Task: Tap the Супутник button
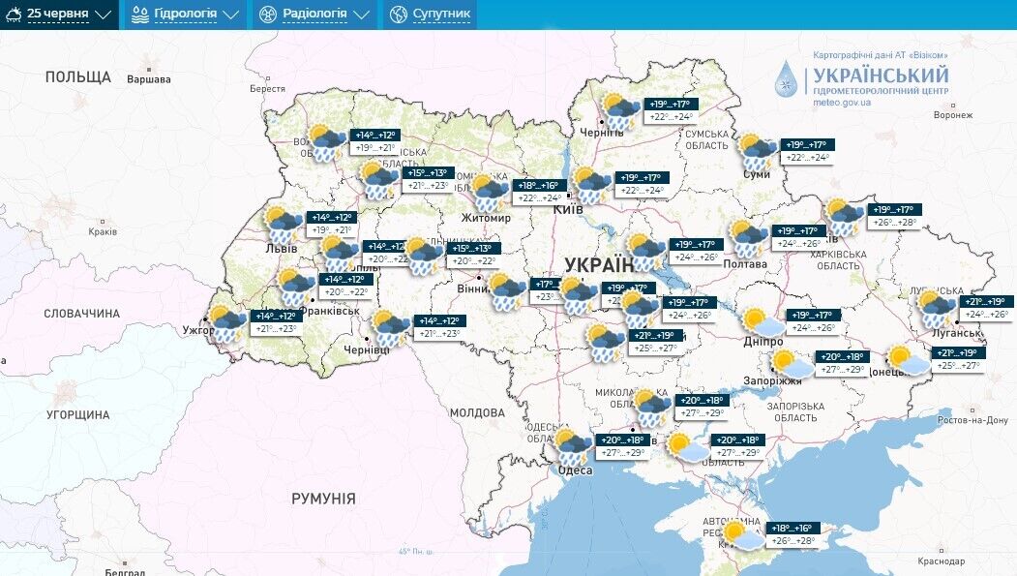(x=430, y=15)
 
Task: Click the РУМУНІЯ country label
(x=323, y=499)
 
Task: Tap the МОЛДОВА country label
(x=477, y=412)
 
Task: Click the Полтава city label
(x=744, y=263)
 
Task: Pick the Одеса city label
(x=575, y=470)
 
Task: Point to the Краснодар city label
(x=942, y=561)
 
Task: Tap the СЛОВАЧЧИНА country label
(x=82, y=314)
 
